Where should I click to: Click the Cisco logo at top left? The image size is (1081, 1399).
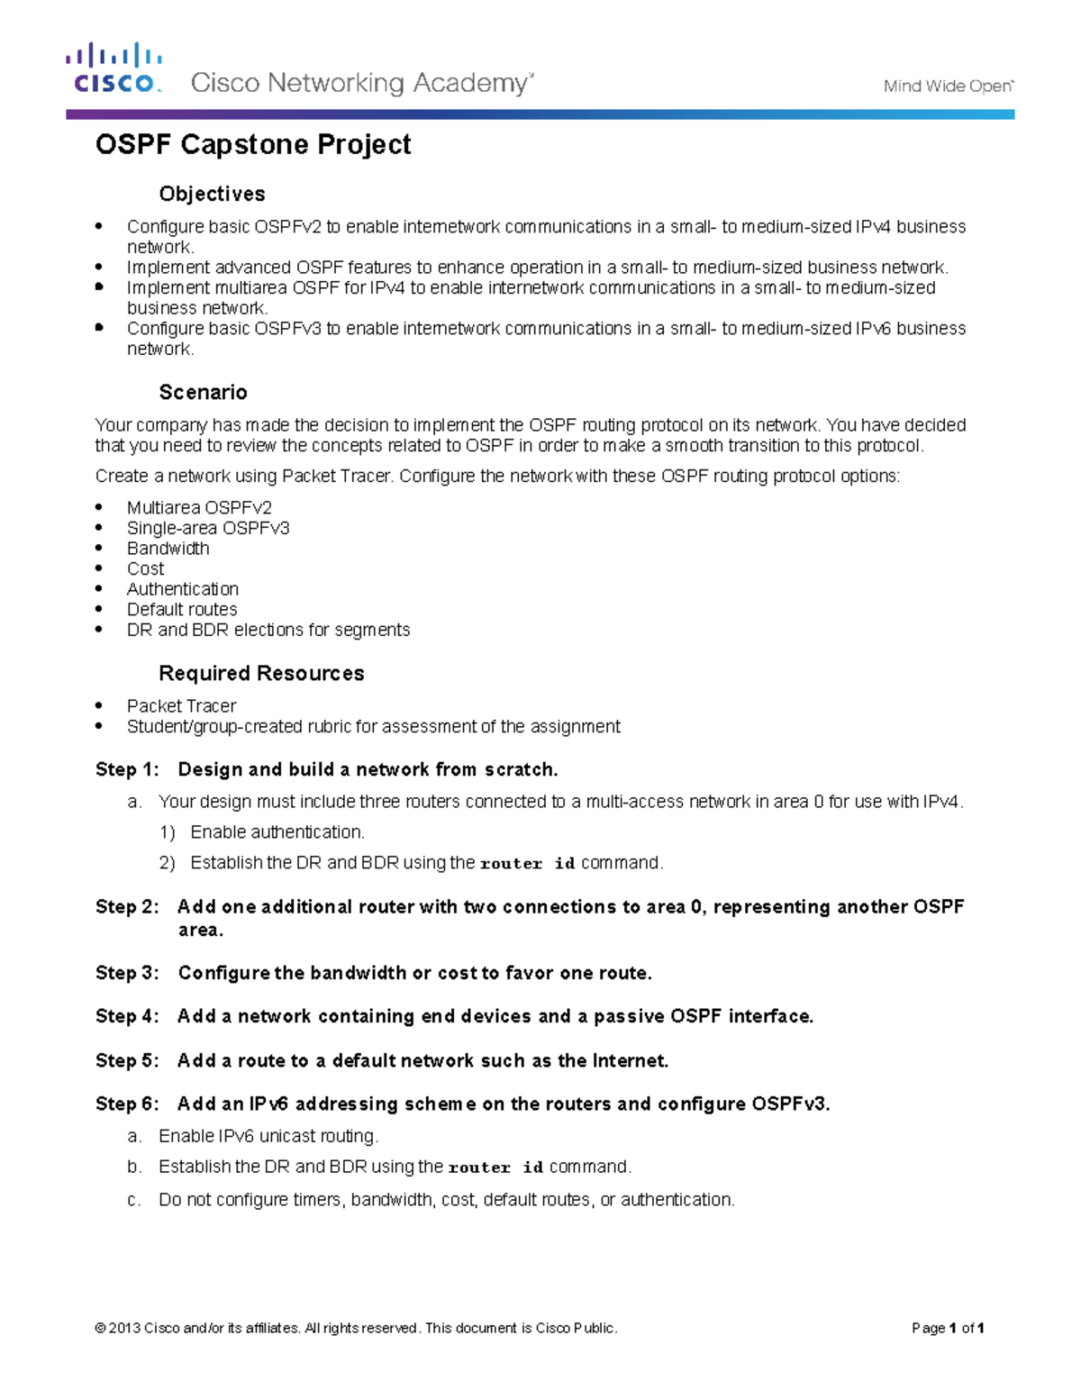point(114,68)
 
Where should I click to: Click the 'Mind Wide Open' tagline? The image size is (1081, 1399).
point(948,86)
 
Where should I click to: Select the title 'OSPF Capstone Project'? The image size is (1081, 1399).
point(253,145)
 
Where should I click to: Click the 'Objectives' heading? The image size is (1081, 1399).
point(212,194)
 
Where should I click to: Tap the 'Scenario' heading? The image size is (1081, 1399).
point(203,392)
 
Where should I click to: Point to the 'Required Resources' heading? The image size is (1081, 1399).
point(261,673)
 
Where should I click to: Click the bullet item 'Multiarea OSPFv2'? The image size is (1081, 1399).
point(199,508)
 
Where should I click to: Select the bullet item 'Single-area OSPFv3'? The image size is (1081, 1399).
point(208,528)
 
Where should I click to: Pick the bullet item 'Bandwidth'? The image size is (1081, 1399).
point(168,549)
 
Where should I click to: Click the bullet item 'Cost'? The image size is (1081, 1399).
point(145,568)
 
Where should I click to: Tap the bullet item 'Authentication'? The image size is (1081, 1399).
point(182,589)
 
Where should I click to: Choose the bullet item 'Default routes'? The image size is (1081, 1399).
point(182,609)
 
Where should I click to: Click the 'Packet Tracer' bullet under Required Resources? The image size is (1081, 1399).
point(181,706)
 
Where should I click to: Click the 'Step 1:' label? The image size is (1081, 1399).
point(127,769)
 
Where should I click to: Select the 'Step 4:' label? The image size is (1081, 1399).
point(127,1016)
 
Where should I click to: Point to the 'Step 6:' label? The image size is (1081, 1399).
point(127,1104)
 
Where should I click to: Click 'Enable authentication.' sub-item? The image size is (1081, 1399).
point(277,832)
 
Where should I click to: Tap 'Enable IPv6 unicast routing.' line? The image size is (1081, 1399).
point(268,1136)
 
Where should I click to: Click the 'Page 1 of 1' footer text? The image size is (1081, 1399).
point(948,1328)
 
